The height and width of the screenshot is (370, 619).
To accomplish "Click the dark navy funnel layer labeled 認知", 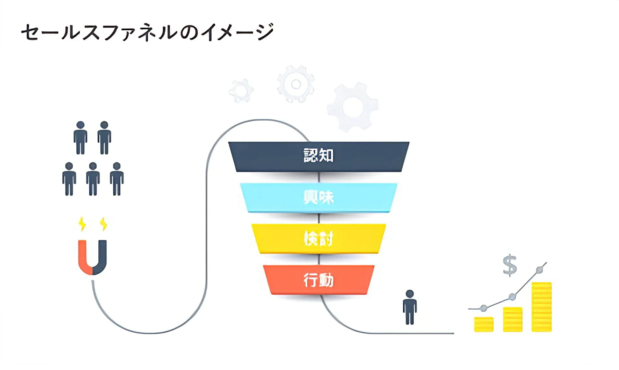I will pyautogui.click(x=319, y=156).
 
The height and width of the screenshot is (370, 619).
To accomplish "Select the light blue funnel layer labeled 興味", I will pyautogui.click(x=319, y=197).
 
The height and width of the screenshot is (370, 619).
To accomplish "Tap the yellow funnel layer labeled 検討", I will pyautogui.click(x=319, y=239).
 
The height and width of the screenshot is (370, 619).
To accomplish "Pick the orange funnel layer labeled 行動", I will pyautogui.click(x=319, y=280).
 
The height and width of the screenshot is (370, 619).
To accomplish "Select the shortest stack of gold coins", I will pyautogui.click(x=484, y=324).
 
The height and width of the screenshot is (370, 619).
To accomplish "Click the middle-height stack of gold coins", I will pyautogui.click(x=513, y=319).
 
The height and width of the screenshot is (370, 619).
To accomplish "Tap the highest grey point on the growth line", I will pyautogui.click(x=539, y=270).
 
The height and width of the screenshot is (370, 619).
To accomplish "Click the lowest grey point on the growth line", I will pyautogui.click(x=483, y=308).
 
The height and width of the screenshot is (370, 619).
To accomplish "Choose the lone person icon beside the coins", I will pyautogui.click(x=410, y=307).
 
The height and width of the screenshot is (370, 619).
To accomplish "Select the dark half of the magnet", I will pyautogui.click(x=102, y=258).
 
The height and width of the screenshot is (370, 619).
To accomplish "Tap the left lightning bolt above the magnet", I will pyautogui.click(x=83, y=224).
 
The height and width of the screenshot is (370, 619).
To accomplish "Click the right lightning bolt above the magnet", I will pyautogui.click(x=103, y=224).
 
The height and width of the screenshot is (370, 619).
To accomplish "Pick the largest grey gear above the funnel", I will pyautogui.click(x=352, y=107).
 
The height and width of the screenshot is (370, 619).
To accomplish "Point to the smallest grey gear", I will pyautogui.click(x=241, y=91).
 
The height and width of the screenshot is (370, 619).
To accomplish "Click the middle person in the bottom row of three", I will pyautogui.click(x=93, y=179).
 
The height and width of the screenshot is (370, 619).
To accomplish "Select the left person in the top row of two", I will pyautogui.click(x=80, y=138).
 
